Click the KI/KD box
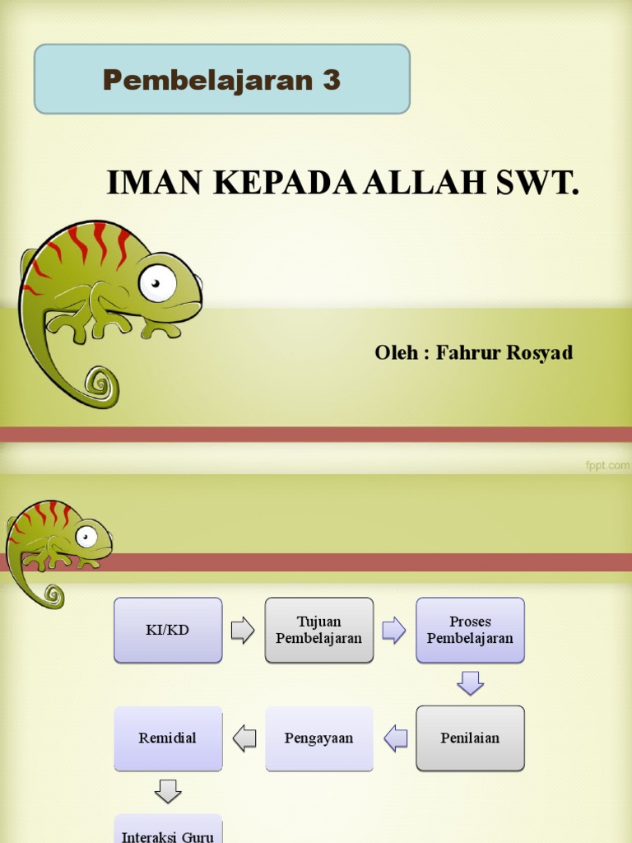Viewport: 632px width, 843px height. [168, 631]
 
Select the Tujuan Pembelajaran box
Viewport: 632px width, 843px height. [319, 631]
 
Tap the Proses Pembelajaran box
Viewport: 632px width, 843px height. [470, 631]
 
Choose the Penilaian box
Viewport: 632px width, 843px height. [470, 738]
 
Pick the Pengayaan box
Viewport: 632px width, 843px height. [319, 738]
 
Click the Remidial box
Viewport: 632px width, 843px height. [168, 738]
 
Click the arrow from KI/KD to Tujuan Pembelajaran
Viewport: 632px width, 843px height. [243, 631]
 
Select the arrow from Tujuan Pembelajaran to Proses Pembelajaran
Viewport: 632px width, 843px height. [394, 631]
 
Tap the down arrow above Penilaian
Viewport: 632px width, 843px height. [470, 683]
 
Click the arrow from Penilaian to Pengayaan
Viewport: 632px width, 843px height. [396, 738]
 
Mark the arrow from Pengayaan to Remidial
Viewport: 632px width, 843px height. [244, 738]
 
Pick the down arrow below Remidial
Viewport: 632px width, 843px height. [168, 791]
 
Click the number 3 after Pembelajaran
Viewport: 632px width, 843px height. [331, 80]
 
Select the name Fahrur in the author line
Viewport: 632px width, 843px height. [465, 352]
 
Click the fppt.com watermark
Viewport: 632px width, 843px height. [607, 465]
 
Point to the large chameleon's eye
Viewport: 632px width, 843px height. [157, 283]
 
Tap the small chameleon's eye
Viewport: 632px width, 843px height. [86, 536]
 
